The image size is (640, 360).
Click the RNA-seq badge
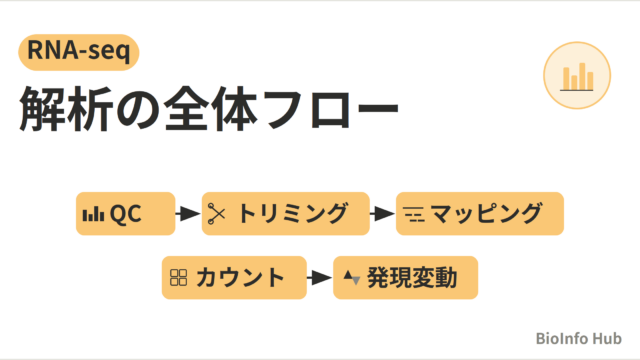pyautogui.click(x=79, y=52)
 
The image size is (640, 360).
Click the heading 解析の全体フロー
pyautogui.click(x=209, y=109)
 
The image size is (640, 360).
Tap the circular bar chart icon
pyautogui.click(x=577, y=76)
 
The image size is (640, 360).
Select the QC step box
pyautogui.click(x=126, y=213)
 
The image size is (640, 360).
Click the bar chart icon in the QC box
pyautogui.click(x=93, y=214)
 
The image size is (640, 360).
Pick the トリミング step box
pyautogui.click(x=286, y=213)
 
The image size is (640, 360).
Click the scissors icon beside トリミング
pyautogui.click(x=216, y=213)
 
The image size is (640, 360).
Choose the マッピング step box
pyautogui.click(x=480, y=213)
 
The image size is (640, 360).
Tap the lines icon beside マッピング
pyautogui.click(x=414, y=214)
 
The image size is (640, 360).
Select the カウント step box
pyautogui.click(x=234, y=278)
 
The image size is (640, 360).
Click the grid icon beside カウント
pyautogui.click(x=178, y=278)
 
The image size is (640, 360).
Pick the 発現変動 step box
pyautogui.click(x=406, y=278)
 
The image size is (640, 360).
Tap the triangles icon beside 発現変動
pyautogui.click(x=351, y=278)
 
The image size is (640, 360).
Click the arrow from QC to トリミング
pyautogui.click(x=188, y=213)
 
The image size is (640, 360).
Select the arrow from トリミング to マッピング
pyautogui.click(x=382, y=213)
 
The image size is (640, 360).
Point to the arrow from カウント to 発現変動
pyautogui.click(x=320, y=278)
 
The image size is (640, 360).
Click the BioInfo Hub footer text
pyautogui.click(x=578, y=338)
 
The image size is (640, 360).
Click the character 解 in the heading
pyautogui.click(x=43, y=109)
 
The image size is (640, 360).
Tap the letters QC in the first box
pyautogui.click(x=126, y=213)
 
